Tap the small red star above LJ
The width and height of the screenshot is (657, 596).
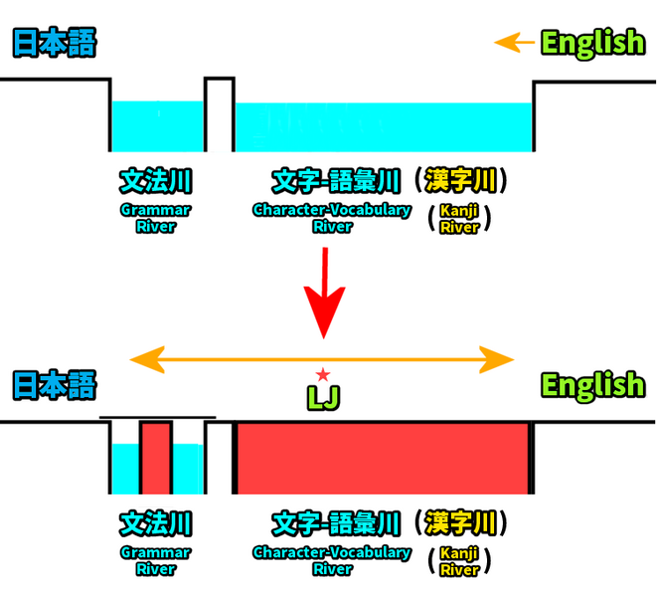[323, 375]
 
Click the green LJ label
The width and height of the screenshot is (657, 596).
[323, 397]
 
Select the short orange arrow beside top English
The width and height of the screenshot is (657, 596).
[514, 43]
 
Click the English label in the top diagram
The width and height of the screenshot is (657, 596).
[592, 43]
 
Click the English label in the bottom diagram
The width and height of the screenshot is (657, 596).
[592, 385]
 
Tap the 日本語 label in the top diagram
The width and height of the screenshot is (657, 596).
[54, 44]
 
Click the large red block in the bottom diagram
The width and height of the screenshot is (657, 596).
[383, 458]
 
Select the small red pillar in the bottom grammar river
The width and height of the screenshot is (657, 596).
[155, 458]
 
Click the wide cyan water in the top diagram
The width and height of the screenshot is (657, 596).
[383, 126]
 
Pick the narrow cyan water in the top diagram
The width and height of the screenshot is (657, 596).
[157, 126]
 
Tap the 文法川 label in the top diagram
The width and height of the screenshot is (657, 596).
[155, 181]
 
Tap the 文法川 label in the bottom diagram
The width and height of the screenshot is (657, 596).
[155, 523]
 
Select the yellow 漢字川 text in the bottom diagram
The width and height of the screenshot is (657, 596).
[460, 522]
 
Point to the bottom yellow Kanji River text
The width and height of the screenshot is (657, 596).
[459, 561]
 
